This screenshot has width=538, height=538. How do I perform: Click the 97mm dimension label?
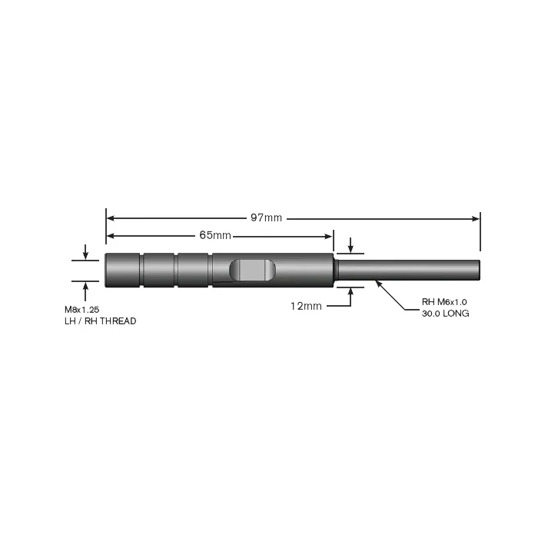(266, 218)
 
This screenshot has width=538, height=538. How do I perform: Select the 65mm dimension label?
(215, 235)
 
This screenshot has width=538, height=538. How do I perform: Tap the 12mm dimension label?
(306, 306)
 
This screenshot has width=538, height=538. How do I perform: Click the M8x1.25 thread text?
(82, 310)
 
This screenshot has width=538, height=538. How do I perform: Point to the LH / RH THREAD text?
(101, 321)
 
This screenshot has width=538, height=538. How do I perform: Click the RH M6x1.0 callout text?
(444, 302)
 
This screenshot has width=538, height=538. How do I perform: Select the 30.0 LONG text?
(445, 314)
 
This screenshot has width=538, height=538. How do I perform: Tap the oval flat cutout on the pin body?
(252, 270)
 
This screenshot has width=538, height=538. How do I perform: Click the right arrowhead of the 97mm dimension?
(475, 218)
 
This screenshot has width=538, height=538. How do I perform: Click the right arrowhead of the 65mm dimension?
(328, 236)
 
